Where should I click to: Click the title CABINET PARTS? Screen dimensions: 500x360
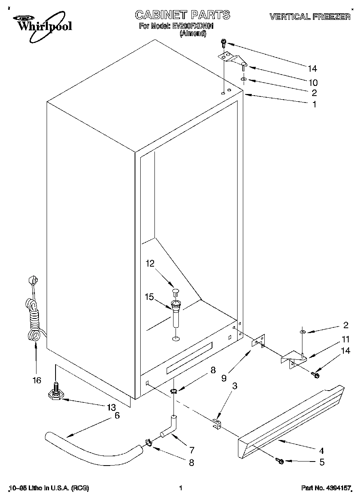pos(182,15)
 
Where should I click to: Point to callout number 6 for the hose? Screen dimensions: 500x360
pos(117,415)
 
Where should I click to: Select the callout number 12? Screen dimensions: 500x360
pos(150,264)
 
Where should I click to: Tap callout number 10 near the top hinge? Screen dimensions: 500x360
pos(313,82)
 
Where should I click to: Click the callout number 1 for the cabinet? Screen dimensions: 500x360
pos(314,104)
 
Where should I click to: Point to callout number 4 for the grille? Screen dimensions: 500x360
pos(321,450)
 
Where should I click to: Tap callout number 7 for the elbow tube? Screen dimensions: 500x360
pos(192,449)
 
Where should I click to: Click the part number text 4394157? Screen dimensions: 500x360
pos(337,488)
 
